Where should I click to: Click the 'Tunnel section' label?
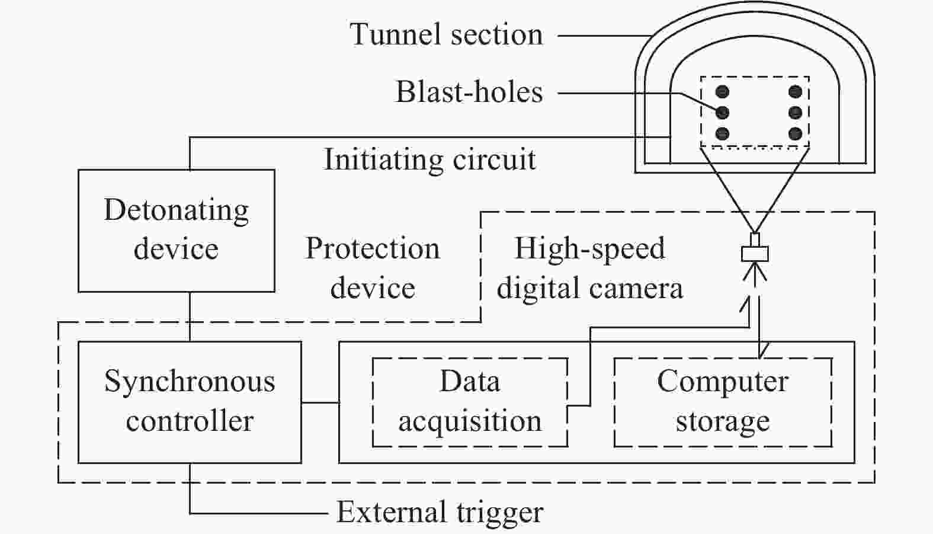(x=446, y=34)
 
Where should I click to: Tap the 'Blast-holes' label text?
(x=469, y=92)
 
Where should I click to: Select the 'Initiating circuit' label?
(x=430, y=159)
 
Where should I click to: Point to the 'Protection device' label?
(x=372, y=268)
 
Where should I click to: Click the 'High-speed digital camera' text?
(x=590, y=268)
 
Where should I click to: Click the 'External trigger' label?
(x=440, y=512)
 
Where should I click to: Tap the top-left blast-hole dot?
(x=722, y=91)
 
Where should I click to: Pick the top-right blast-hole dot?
(x=795, y=91)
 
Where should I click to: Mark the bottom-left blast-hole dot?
(x=722, y=134)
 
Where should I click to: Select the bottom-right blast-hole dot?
(x=795, y=134)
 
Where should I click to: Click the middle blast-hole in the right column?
(x=795, y=113)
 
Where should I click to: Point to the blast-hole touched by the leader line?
(x=722, y=113)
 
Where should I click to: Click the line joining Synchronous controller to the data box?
(x=320, y=402)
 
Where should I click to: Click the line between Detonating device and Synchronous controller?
(x=190, y=317)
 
